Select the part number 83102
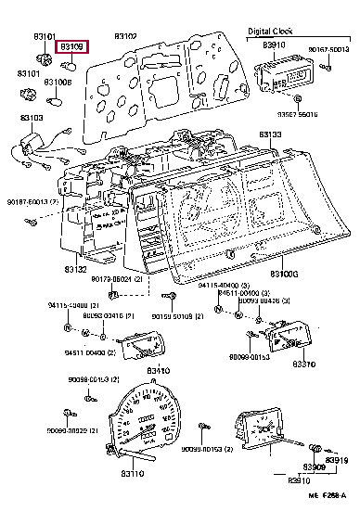pyautogui.click(x=126, y=36)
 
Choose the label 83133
pyautogui.click(x=270, y=134)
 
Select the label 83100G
pyautogui.click(x=283, y=275)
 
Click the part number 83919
pyautogui.click(x=337, y=461)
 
